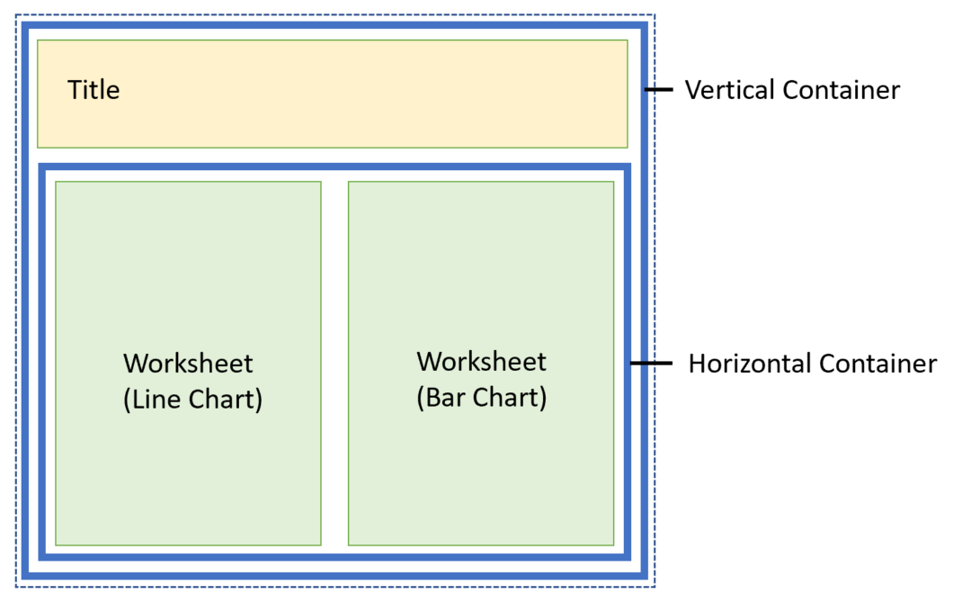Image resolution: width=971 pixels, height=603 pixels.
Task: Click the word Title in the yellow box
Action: (x=94, y=90)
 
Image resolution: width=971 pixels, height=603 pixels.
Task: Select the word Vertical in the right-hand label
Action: (x=730, y=90)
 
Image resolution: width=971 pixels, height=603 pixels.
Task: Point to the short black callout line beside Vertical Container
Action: (x=659, y=89)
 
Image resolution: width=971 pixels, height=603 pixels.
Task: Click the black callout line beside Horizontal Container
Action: (x=651, y=364)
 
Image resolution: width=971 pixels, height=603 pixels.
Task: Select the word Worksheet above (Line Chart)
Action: (x=188, y=364)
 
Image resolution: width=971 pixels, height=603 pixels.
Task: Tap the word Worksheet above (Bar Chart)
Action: (x=481, y=362)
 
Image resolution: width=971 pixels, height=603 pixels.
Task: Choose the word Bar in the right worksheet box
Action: (x=442, y=397)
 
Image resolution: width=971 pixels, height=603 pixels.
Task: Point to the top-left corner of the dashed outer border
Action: (x=16, y=15)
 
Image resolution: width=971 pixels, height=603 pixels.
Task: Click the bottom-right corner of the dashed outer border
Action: (x=655, y=588)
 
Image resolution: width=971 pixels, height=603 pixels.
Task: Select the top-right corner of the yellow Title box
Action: (x=627, y=40)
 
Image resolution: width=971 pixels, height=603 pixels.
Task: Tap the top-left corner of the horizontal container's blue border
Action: (x=41, y=166)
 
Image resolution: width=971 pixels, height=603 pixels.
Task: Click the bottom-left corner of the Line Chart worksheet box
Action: (x=56, y=544)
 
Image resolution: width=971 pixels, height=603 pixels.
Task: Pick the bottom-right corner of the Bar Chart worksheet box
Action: (x=614, y=544)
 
